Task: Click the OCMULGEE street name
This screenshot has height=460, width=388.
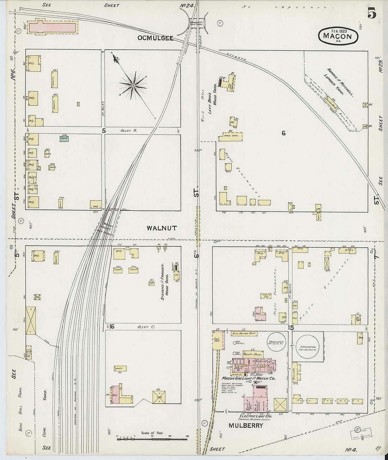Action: coord(156,38)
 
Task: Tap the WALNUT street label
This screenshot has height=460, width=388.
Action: coord(162,228)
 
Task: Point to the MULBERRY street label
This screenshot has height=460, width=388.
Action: coord(245,425)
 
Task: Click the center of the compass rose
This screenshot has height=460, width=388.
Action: coord(133,86)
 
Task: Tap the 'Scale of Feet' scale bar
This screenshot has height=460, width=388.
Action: coord(152,439)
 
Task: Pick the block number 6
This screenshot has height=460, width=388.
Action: coord(283,133)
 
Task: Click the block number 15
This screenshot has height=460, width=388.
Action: coord(291,328)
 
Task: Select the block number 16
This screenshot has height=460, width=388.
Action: coord(112,326)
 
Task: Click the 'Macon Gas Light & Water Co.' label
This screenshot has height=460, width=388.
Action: coord(248,378)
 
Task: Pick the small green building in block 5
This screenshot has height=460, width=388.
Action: coord(64,139)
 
